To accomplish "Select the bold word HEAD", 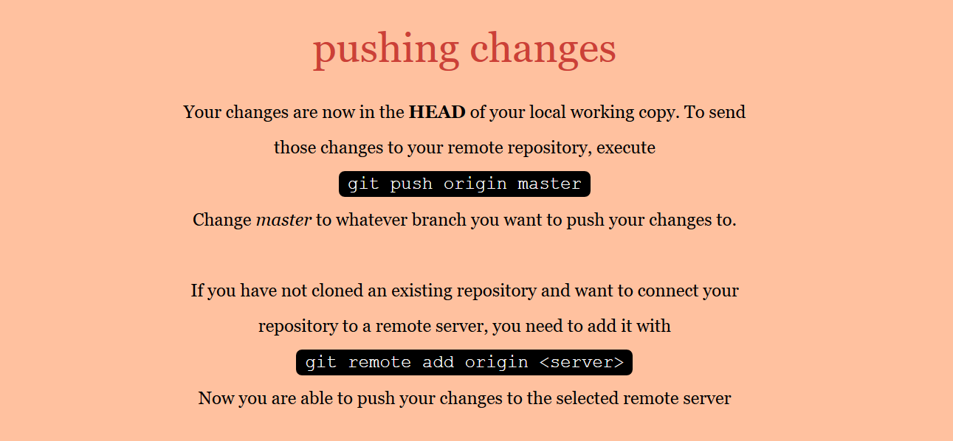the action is [x=437, y=112].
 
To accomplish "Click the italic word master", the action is [x=283, y=220].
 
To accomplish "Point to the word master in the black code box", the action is [x=549, y=184].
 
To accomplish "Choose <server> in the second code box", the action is [x=581, y=362].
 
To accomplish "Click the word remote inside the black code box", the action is [x=379, y=362].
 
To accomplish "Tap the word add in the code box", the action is [x=438, y=362].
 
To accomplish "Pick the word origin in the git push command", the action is [x=475, y=184].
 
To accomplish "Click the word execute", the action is [x=625, y=147].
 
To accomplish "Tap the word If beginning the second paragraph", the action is [x=196, y=291].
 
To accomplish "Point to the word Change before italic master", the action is [x=222, y=220].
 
